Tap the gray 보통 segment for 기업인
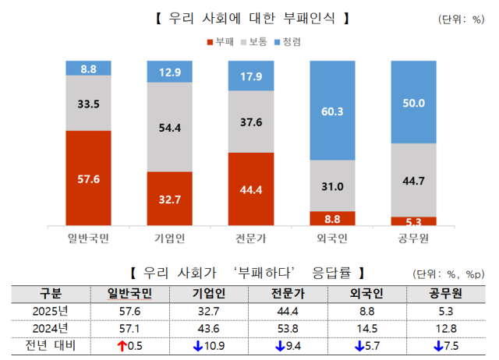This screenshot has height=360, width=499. point(170,127)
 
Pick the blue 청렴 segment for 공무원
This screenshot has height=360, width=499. point(413,102)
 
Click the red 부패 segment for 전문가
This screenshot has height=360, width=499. point(251,189)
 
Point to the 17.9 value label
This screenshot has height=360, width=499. point(251,76)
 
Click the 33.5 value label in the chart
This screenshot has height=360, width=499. point(89,103)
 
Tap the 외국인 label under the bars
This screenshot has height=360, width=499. point(332,237)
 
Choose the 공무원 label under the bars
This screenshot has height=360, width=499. point(413,237)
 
